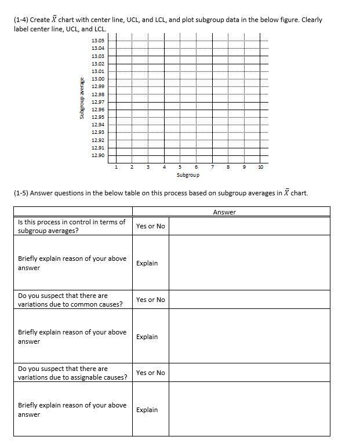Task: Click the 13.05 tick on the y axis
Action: [x=98, y=40]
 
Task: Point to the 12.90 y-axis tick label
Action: [x=98, y=155]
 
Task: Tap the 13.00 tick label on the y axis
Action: [x=98, y=79]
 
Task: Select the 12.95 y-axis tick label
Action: [x=98, y=117]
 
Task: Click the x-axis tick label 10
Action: [x=260, y=167]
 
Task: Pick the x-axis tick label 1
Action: [x=116, y=167]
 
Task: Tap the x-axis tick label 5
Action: [x=180, y=167]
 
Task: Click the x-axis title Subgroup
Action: [x=188, y=174]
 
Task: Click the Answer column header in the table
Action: [x=224, y=212]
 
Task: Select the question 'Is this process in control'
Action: [x=72, y=226]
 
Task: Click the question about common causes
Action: [x=70, y=300]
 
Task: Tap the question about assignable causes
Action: [x=72, y=373]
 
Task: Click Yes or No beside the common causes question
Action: [x=150, y=300]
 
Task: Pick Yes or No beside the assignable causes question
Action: [x=150, y=373]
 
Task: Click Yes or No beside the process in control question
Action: [x=150, y=226]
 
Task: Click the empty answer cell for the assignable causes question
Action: [x=249, y=373]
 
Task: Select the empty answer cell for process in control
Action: [x=249, y=226]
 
